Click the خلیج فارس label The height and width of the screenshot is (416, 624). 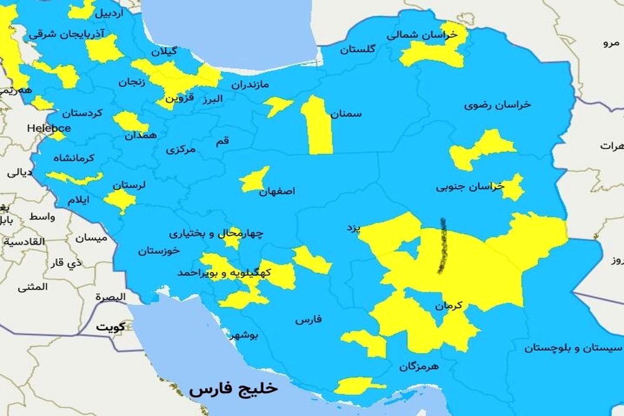233,389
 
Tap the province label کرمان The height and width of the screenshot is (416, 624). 449,307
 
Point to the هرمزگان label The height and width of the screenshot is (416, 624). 419,366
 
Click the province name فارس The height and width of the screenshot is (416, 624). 309,320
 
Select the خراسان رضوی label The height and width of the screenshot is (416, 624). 498,105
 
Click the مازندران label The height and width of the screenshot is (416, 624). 250,84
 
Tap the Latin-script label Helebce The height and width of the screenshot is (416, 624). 49,127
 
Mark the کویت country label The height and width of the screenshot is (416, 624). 110,328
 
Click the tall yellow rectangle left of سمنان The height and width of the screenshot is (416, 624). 318,127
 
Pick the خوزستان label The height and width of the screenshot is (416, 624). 159,251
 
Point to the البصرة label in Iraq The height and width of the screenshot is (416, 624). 110,297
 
